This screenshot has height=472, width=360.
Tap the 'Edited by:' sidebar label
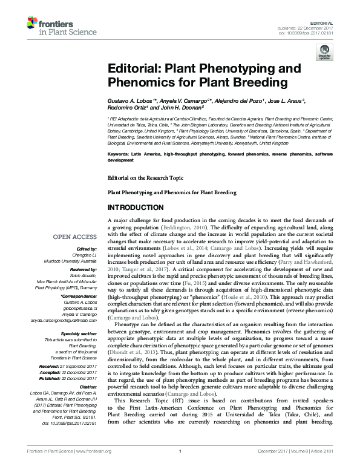85,249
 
